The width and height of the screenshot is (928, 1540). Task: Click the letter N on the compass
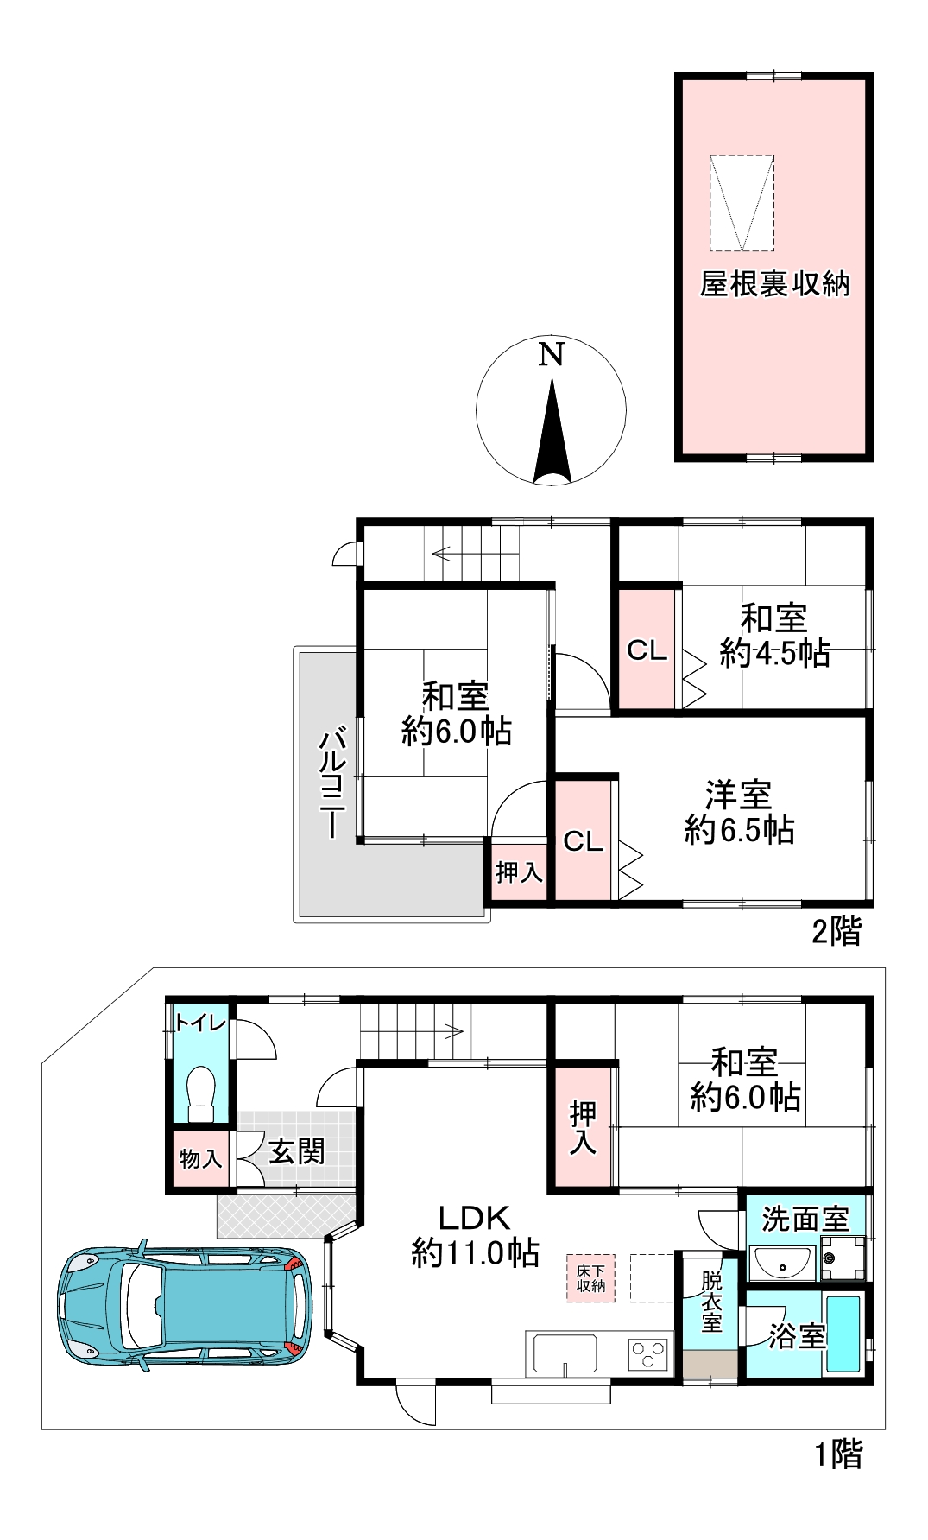point(551,354)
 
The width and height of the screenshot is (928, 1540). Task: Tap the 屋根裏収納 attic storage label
point(774,284)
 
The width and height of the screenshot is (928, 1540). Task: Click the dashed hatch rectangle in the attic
point(742,203)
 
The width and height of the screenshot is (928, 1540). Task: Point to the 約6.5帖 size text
point(739,831)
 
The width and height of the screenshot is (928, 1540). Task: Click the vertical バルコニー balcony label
point(333,783)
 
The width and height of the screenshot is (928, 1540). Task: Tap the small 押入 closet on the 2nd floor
point(519,872)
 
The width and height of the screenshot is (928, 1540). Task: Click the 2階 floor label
point(836,931)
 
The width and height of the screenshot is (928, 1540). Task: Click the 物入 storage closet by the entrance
point(200,1158)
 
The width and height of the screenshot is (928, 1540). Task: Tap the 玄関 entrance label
point(296,1151)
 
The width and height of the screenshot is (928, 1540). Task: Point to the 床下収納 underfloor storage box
point(591,1278)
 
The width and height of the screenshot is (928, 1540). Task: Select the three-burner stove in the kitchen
point(648,1353)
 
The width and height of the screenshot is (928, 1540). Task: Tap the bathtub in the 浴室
point(843,1333)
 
